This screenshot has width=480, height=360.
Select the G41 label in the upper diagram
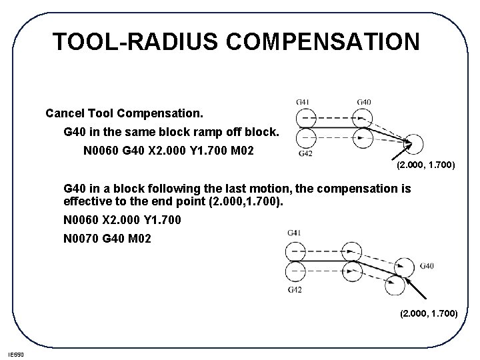coord(303,101)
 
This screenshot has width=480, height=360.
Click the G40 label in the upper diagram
coord(364,101)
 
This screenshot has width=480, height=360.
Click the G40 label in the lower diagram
coord(427,266)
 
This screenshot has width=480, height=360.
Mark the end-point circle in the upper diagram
coord(413,143)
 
